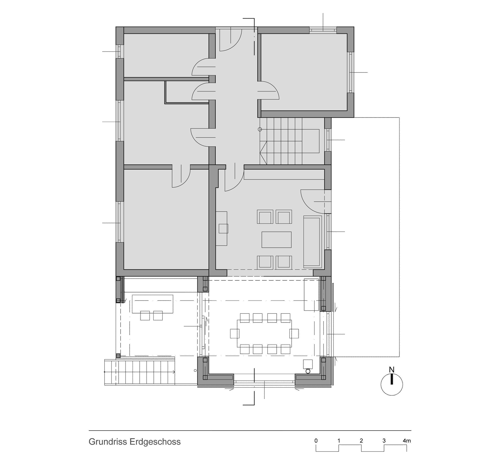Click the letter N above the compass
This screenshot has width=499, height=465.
392,370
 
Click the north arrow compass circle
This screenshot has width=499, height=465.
392,384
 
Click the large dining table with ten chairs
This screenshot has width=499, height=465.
264,333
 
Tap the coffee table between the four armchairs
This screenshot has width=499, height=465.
276,240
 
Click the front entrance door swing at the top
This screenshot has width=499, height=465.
230,40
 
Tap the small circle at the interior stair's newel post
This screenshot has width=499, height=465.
260,130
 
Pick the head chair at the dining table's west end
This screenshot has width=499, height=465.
235,333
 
